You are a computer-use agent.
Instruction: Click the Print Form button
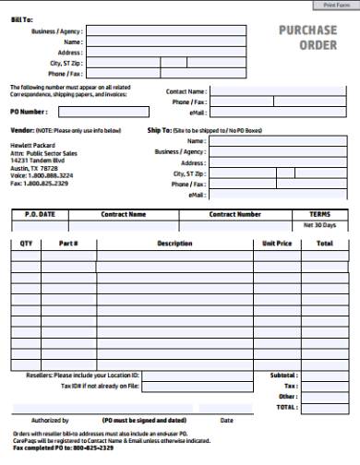coord(331,6)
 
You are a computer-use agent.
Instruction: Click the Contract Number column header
coord(234,214)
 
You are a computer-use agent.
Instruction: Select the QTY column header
coord(26,244)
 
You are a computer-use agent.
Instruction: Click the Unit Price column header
coord(277,244)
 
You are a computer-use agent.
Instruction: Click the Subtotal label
coord(283,376)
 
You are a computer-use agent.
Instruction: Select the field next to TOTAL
coord(324,406)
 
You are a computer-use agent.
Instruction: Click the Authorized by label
coord(50,419)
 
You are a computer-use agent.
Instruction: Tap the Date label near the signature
coord(225,419)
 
